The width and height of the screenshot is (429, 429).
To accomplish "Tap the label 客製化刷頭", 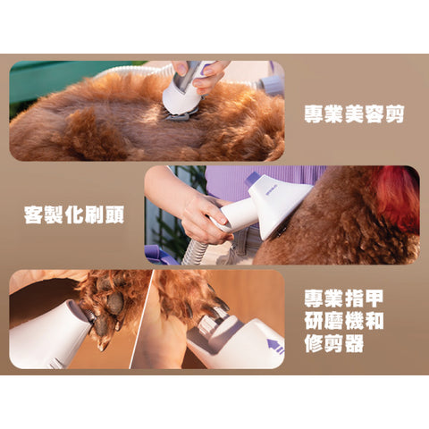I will tap(73, 214).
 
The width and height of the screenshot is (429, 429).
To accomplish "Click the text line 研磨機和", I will tap(343, 320).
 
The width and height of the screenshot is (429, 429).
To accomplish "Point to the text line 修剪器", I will tap(332, 342).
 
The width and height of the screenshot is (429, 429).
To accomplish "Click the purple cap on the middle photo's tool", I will tap(254, 179).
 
